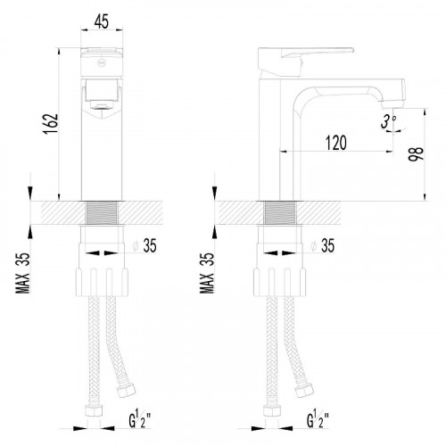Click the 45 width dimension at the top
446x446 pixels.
(102, 21)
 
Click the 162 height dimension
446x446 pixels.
(51, 124)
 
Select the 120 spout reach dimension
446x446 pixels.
(336, 143)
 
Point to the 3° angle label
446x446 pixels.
(388, 122)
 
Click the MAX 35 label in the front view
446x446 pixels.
(23, 273)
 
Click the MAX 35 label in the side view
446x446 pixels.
(207, 273)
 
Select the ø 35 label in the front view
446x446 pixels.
(145, 245)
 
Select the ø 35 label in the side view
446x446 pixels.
(323, 245)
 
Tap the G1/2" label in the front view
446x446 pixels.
(140, 419)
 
